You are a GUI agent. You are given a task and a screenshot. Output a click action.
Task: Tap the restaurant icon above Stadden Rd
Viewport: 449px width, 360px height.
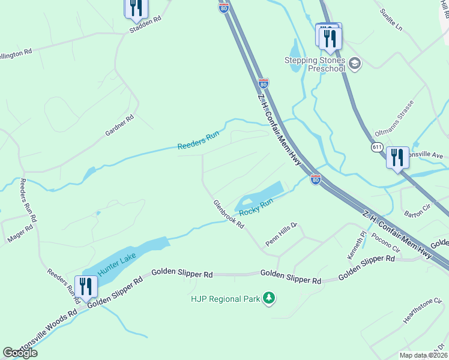click(x=136, y=8)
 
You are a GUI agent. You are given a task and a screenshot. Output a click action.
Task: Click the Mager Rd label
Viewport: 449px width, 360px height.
click(x=20, y=233)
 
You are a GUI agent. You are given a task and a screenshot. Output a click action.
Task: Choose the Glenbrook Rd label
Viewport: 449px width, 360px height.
click(x=229, y=214)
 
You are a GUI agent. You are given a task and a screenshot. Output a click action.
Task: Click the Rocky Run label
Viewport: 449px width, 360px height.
click(x=256, y=208)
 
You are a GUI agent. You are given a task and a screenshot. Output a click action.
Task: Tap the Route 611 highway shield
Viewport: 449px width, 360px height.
click(x=377, y=147)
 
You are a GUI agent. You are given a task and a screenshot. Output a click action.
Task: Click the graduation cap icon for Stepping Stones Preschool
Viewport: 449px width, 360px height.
click(x=355, y=62)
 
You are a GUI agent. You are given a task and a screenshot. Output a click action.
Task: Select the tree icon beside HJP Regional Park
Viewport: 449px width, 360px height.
click(x=270, y=298)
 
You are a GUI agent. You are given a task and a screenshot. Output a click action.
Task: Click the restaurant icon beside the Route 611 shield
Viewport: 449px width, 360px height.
click(x=397, y=158)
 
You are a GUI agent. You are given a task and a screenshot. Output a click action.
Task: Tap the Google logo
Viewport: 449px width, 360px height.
click(x=20, y=353)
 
